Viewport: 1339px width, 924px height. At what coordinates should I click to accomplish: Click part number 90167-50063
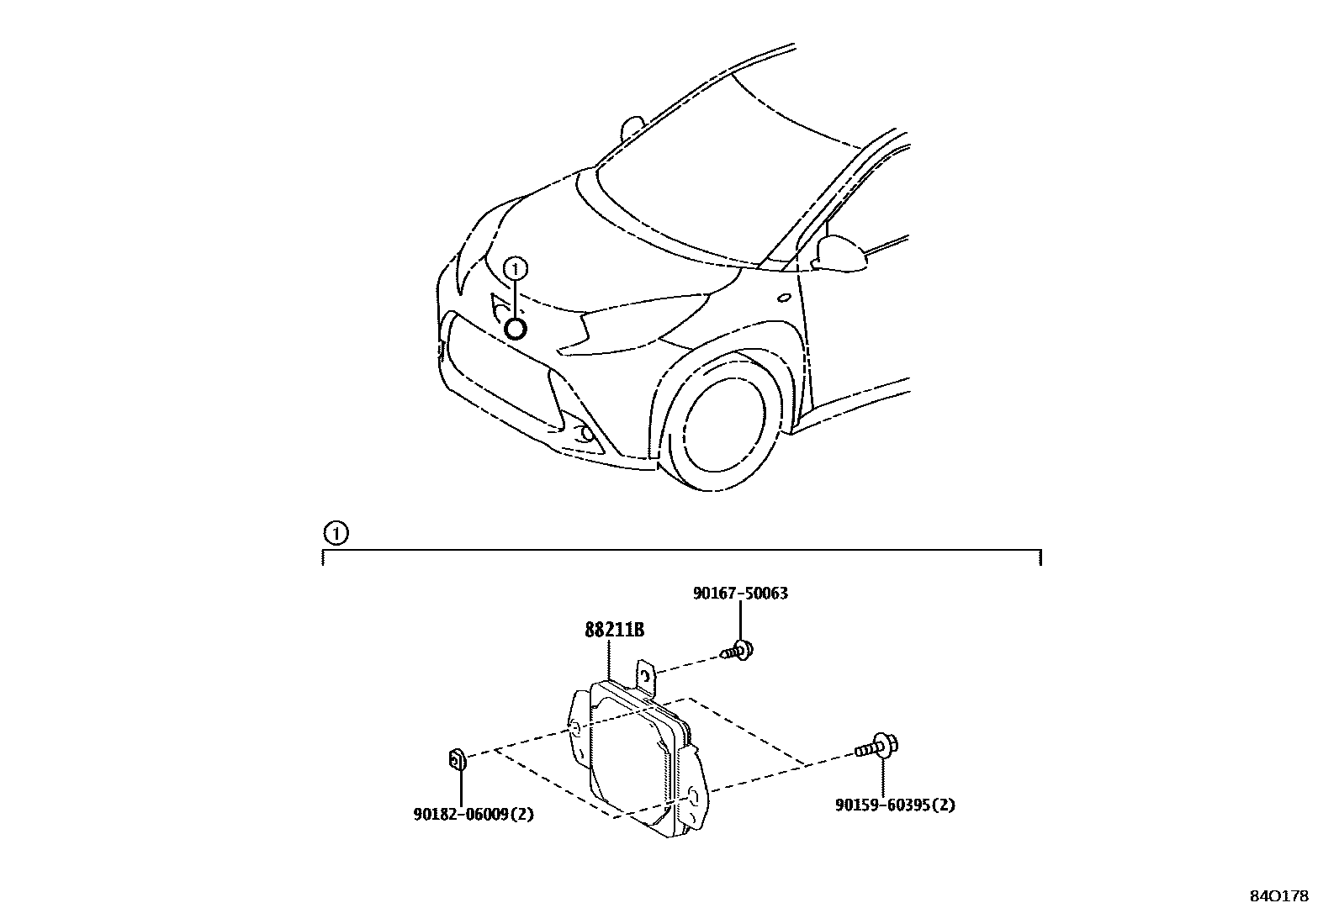(740, 594)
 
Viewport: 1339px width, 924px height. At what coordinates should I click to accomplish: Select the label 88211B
(614, 630)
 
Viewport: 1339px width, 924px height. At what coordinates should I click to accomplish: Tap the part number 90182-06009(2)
(474, 814)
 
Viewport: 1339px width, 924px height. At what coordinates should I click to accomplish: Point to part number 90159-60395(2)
(895, 805)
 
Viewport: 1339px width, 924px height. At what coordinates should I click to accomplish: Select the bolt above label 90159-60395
(877, 746)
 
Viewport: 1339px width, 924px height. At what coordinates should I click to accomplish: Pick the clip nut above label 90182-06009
(456, 761)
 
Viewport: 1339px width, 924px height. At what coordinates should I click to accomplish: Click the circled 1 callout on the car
(515, 268)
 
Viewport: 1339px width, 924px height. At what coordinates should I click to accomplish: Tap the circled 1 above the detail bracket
(335, 532)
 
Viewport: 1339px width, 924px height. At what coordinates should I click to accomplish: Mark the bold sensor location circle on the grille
(515, 328)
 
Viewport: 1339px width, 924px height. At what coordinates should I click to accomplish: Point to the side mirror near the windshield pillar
(843, 254)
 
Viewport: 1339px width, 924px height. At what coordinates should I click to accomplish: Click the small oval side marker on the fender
(784, 297)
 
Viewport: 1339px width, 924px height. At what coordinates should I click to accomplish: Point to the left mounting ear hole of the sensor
(574, 728)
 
